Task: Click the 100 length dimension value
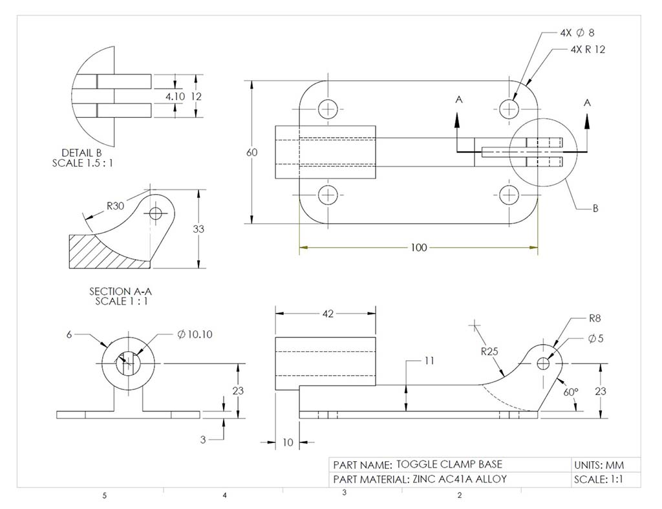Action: coord(419,248)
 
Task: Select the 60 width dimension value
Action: coord(251,153)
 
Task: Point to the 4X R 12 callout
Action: coord(588,50)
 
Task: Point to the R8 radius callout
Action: coord(595,318)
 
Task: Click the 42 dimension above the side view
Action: coord(327,314)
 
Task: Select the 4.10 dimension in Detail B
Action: coord(175,96)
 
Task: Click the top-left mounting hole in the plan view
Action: coord(328,108)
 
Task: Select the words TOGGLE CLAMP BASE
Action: coord(449,464)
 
